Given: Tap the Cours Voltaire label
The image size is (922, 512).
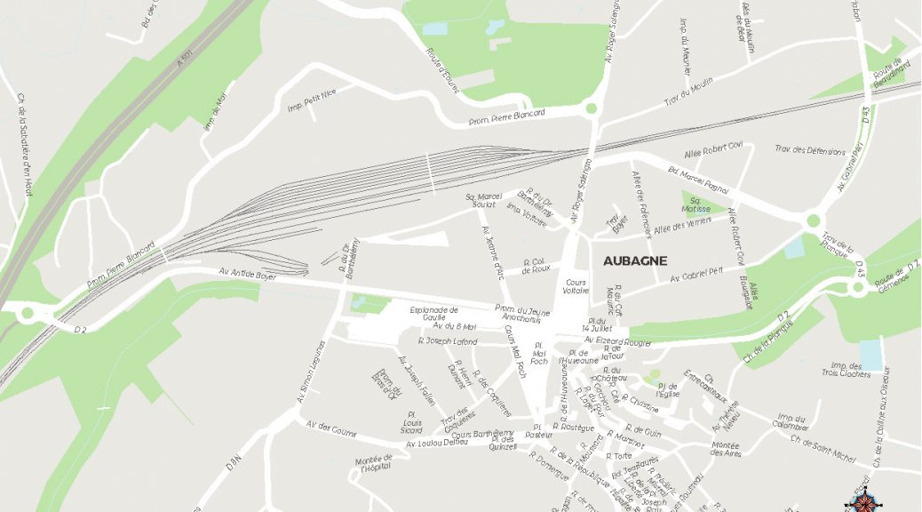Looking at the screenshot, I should coord(576,285).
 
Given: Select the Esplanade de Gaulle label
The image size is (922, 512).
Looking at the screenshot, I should coord(433,314).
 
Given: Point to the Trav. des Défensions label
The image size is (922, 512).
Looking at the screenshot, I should coord(809,151).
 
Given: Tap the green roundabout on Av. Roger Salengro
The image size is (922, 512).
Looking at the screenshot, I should coord(591,109).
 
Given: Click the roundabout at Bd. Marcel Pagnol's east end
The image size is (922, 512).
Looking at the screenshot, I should coord(813,221).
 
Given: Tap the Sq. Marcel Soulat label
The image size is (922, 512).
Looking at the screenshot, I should coord(484,201).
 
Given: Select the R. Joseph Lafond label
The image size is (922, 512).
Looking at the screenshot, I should coord(448,341).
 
